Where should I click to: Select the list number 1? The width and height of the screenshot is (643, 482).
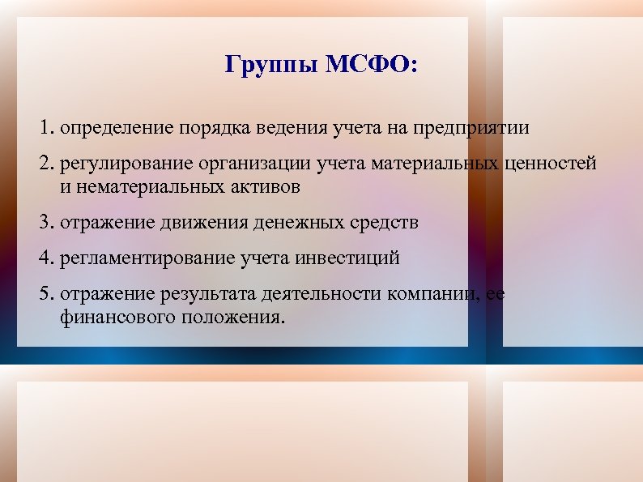(x=45, y=128)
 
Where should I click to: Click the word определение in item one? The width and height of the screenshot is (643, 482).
(x=110, y=128)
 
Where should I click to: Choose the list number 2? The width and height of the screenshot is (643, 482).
(x=45, y=164)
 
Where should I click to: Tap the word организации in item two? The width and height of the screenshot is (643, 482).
(x=253, y=164)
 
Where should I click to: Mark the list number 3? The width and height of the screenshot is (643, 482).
(x=45, y=222)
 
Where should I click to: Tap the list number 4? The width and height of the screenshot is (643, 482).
(x=45, y=258)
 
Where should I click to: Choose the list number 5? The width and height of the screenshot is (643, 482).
(x=45, y=294)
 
